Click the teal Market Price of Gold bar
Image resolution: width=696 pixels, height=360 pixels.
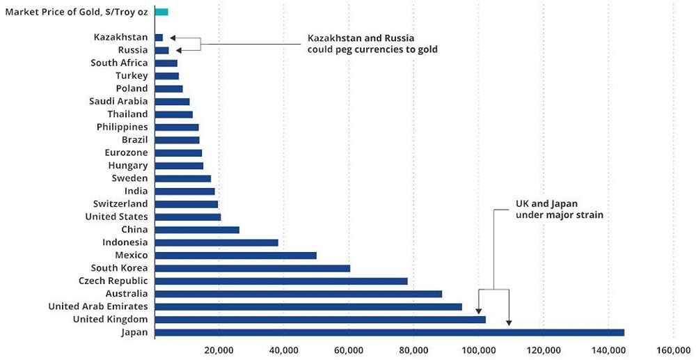tap(161, 12)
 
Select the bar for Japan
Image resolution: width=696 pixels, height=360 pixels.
tap(390, 332)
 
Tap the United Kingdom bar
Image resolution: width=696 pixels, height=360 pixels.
tap(320, 320)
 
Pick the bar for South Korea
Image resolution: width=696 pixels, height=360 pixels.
tap(253, 268)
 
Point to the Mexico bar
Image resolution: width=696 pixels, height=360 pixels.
tap(236, 256)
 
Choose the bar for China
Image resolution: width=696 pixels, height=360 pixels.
tap(197, 230)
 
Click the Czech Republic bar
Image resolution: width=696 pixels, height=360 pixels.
tap(281, 281)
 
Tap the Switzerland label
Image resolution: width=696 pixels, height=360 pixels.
tap(120, 204)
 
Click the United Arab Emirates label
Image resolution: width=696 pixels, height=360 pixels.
tap(98, 306)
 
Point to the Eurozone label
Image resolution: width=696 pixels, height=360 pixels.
tap(126, 152)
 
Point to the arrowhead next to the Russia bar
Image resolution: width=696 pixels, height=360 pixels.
tap(179, 50)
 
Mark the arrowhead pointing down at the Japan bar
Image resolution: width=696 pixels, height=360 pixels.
tap(509, 322)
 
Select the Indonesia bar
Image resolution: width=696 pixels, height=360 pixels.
tap(216, 242)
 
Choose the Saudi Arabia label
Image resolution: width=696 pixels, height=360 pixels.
tap(118, 102)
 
